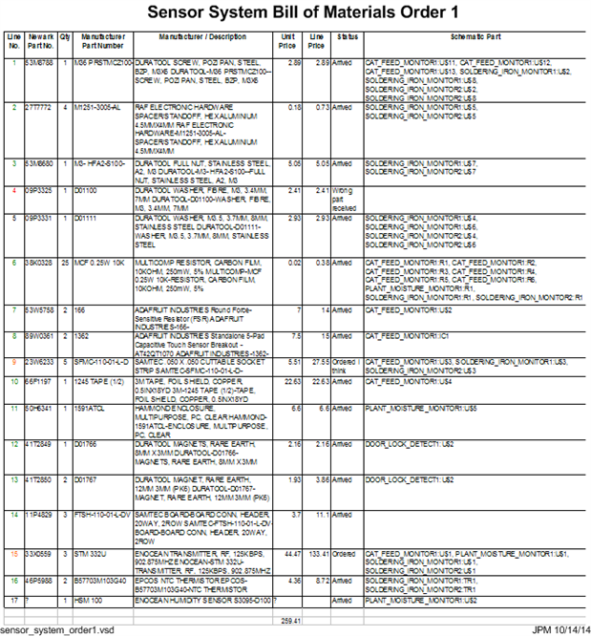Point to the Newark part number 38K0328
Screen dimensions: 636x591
pos(38,262)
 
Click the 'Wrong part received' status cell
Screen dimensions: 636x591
pos(345,199)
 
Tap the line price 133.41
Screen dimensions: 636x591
pos(319,553)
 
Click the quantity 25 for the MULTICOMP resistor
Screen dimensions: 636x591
pos(65,262)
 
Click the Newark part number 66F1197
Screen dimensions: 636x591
pos(38,381)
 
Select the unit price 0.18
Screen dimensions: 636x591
pos(294,108)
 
